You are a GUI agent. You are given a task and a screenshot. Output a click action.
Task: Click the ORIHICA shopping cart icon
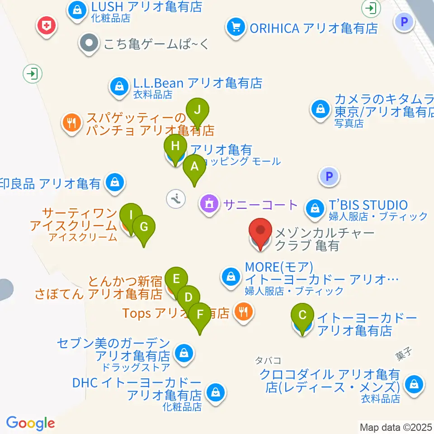tap(235, 28)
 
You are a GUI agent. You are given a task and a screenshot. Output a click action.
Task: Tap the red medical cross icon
tap(47, 26)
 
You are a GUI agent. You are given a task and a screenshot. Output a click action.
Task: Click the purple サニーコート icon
tap(209, 205)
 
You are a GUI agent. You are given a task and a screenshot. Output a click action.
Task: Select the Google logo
tap(30, 424)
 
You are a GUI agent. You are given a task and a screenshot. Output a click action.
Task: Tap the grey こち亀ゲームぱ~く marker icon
tap(88, 44)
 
